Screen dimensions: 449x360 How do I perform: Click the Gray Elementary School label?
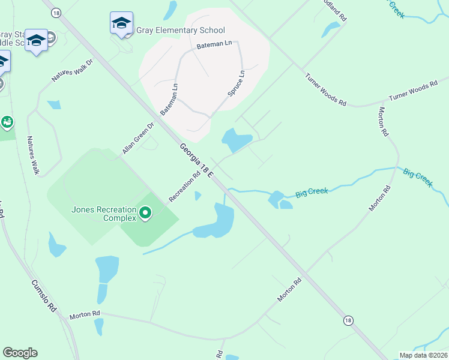coord(181,31)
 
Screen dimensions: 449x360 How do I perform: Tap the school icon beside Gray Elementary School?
coord(121,23)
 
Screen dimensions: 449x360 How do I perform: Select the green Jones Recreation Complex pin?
coord(145,213)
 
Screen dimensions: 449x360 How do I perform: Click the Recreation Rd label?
coord(184,187)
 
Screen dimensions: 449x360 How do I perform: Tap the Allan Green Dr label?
coord(139,139)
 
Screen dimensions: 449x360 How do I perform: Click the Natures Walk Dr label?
coord(73,70)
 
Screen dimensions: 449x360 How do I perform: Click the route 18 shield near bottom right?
coord(348,321)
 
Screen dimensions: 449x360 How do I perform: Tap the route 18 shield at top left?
coord(56,13)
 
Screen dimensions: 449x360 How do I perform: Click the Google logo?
coord(20,353)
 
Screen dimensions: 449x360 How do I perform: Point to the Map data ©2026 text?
coord(423,355)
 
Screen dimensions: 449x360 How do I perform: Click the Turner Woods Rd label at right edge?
coord(413,92)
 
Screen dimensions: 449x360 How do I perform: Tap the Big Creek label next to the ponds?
coord(312,192)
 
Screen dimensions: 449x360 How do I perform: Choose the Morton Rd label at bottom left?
coord(85,314)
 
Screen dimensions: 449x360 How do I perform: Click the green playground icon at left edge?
coord(7,123)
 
